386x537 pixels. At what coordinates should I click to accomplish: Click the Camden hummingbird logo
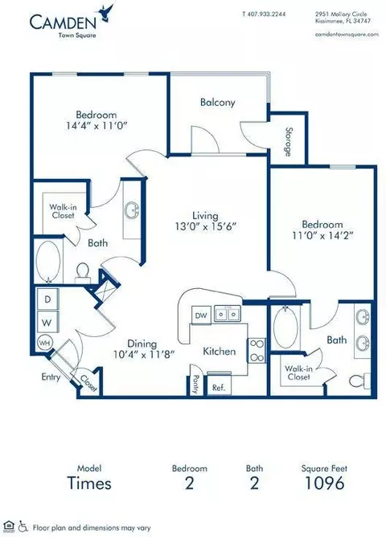[105, 13]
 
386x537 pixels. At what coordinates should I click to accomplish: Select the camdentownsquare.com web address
[347, 34]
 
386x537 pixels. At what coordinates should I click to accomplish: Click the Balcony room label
[218, 102]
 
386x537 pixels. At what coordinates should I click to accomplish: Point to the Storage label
[289, 142]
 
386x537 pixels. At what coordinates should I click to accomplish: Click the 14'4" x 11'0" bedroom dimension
[96, 126]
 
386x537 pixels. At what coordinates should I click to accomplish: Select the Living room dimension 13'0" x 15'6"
[205, 226]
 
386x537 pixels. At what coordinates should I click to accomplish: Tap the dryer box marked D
[47, 299]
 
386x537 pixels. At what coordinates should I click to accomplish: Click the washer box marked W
[47, 322]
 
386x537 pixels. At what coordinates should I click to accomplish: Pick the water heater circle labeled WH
[44, 342]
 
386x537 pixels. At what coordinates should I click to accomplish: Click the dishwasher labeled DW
[201, 315]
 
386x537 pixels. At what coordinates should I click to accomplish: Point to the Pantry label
[195, 384]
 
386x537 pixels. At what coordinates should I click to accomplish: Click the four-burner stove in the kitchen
[256, 350]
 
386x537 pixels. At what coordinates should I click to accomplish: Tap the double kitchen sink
[228, 314]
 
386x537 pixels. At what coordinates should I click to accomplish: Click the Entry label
[51, 377]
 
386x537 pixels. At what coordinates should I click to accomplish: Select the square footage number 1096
[324, 483]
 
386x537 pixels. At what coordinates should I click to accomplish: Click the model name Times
[89, 483]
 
